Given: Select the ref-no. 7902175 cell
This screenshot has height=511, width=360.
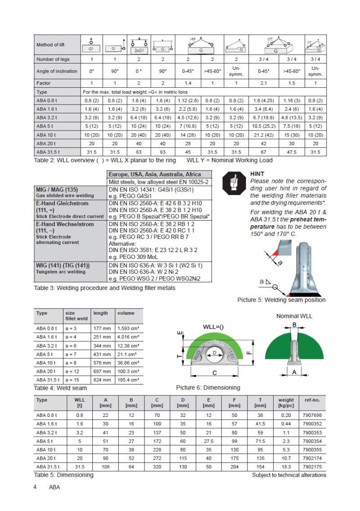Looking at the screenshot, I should tap(310, 466).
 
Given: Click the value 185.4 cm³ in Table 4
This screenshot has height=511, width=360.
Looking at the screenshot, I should tap(128, 380).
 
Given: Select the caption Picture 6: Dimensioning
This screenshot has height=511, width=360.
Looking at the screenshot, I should tap(208, 388).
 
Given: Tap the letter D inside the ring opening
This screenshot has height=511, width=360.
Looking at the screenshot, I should tap(215, 353).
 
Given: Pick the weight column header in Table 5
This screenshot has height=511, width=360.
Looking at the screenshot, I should tap(286, 399).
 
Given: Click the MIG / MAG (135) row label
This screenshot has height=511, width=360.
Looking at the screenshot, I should tap(54, 190).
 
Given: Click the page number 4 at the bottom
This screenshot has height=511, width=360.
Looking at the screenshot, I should tap(35, 488).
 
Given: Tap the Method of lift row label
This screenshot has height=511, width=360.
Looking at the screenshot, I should tap(50, 45).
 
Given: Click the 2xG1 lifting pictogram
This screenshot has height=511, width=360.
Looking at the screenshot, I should tap(139, 45).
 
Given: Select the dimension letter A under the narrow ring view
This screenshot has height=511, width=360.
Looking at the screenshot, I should tap(294, 372).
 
